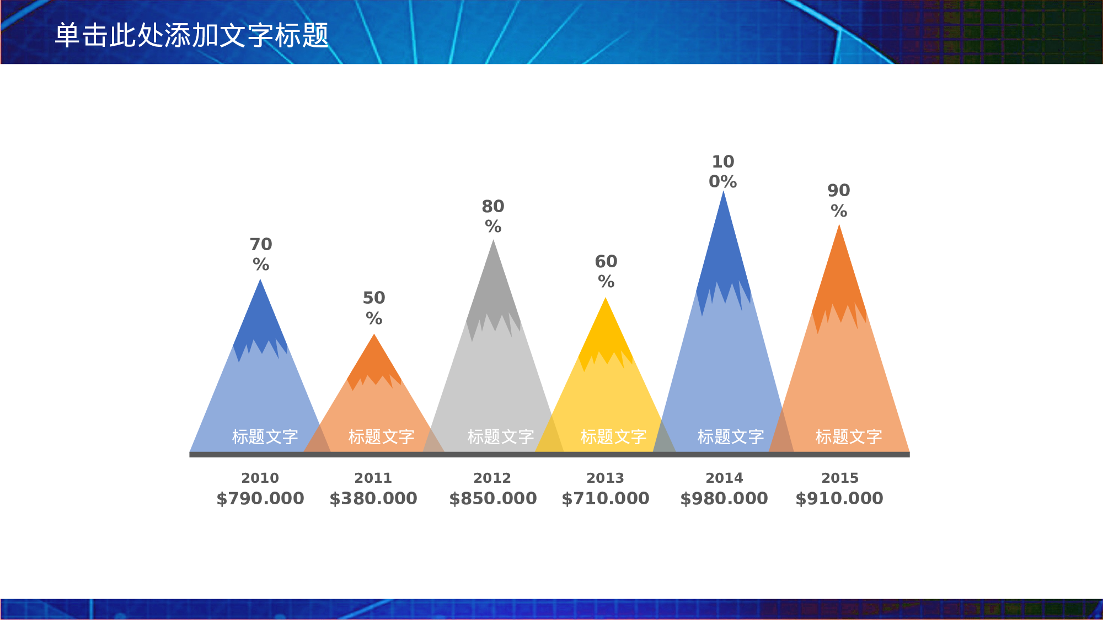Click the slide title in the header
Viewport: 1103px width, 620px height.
191,35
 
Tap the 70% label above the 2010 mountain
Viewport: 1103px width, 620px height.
261,254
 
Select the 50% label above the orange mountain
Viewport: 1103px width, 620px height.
374,308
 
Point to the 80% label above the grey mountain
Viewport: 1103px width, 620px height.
493,216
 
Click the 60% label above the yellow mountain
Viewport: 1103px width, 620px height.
606,271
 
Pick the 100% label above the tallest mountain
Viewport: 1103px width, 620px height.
723,171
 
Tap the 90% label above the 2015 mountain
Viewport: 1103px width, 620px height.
839,201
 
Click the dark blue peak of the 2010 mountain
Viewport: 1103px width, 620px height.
260,320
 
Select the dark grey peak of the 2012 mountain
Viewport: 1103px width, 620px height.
493,287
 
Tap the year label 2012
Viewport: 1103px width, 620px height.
492,478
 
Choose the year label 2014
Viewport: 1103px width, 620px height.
724,478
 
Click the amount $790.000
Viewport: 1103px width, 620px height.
260,498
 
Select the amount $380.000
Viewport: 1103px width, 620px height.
373,498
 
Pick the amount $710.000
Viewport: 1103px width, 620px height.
606,498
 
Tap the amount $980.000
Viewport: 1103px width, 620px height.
724,498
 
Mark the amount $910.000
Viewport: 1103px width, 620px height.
839,498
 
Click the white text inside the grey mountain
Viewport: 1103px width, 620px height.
501,436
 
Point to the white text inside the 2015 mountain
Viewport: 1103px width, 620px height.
849,436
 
